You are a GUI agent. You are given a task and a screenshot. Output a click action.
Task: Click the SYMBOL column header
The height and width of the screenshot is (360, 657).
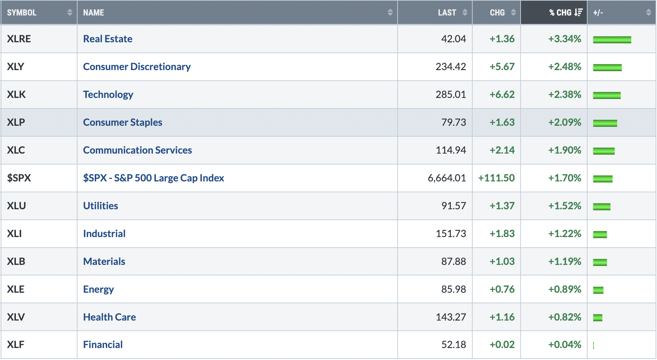pos(22,13)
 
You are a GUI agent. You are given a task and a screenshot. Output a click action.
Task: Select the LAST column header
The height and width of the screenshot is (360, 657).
pos(447,13)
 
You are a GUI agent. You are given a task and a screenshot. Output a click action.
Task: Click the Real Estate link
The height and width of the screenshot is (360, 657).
pos(108,39)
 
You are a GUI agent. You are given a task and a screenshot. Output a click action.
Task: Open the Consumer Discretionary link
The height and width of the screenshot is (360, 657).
pos(137,67)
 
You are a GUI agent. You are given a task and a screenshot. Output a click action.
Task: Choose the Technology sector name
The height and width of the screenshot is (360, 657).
pos(108,94)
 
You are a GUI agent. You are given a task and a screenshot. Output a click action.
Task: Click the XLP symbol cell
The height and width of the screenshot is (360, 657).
pos(16,122)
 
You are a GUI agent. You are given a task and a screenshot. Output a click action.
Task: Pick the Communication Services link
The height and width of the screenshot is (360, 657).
pos(137,150)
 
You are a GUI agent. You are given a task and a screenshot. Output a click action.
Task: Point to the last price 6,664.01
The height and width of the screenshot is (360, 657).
pos(447,178)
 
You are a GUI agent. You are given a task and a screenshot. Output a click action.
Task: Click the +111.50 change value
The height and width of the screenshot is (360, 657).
pos(496,178)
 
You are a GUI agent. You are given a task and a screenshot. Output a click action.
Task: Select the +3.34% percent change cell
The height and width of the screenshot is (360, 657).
pos(565,39)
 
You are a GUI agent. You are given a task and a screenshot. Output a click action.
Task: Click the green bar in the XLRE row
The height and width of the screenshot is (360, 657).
pos(612,40)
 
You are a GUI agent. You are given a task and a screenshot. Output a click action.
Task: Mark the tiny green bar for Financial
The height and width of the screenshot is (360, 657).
pos(594,346)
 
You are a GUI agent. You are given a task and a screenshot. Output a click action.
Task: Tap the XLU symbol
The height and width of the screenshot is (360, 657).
pos(16,206)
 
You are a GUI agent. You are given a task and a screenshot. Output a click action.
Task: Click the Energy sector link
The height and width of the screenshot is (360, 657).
pos(98,289)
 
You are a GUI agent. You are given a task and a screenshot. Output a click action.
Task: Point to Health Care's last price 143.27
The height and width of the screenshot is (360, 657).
pos(451,317)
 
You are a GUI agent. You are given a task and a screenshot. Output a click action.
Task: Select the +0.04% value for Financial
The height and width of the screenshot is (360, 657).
pos(565,345)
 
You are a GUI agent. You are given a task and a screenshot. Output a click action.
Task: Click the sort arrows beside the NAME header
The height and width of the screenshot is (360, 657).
pos(390,13)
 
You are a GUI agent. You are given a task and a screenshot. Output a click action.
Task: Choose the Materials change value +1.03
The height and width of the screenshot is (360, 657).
pos(502,261)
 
